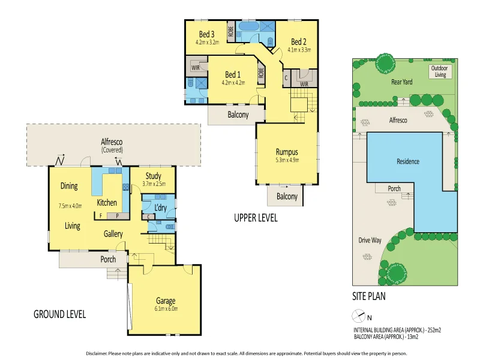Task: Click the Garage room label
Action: (166, 301)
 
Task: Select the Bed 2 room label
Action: (299, 41)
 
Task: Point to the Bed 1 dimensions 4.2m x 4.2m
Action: (233, 82)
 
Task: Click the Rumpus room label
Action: (287, 151)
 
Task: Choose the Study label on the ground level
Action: (153, 176)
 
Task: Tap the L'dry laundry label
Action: (160, 207)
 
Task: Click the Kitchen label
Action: (107, 203)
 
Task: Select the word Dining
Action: (69, 186)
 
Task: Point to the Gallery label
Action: (113, 234)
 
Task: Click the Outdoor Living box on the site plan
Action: (442, 71)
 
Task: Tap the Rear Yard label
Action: (400, 81)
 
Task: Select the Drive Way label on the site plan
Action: (370, 240)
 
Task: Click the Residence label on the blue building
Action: (407, 161)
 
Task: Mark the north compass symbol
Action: (358, 316)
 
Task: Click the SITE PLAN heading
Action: (368, 296)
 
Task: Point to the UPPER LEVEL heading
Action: (256, 218)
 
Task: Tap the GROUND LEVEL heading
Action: (59, 314)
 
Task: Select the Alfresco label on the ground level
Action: (112, 142)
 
